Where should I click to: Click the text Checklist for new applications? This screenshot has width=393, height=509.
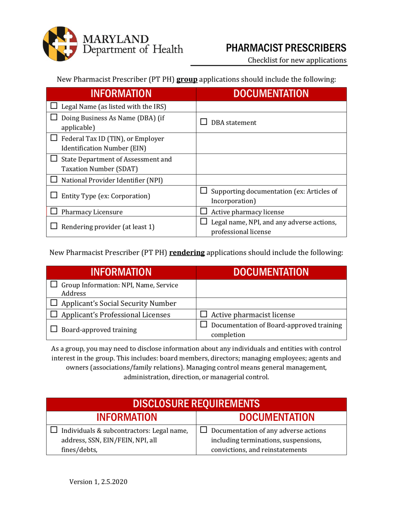point(297,60)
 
